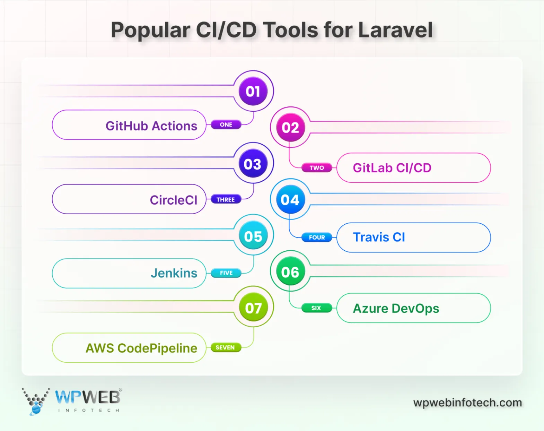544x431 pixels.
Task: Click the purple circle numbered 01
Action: point(253,92)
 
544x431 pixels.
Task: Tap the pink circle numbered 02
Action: point(290,128)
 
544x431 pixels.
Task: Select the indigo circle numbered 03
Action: point(253,164)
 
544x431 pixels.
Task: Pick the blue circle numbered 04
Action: point(290,200)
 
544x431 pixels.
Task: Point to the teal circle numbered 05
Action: point(253,236)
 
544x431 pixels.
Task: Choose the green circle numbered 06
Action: point(290,272)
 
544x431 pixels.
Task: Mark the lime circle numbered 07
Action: point(253,308)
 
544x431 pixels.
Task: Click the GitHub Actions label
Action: point(151,126)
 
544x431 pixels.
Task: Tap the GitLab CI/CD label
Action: point(392,168)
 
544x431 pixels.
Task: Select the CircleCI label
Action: point(173,200)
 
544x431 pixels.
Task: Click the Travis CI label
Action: point(379,237)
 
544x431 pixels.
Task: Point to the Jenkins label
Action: point(174,273)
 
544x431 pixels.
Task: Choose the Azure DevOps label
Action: point(396,308)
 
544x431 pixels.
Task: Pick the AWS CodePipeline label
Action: point(141,348)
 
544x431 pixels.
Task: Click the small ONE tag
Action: point(226,124)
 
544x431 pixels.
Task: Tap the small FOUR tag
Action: point(317,238)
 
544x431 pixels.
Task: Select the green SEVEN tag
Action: point(225,347)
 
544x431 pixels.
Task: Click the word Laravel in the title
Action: point(395,30)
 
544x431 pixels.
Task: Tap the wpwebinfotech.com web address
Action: point(467,403)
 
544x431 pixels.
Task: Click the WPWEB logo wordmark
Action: point(88,397)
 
